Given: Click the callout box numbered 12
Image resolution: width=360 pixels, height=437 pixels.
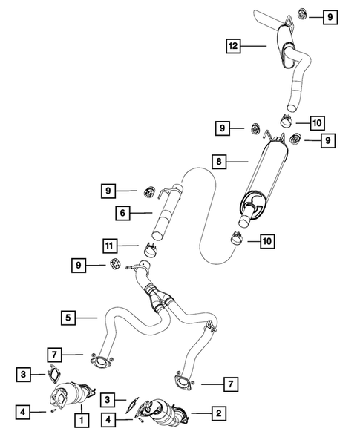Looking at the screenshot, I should click(x=234, y=47).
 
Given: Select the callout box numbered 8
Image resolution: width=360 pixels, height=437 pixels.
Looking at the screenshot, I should click(x=219, y=160).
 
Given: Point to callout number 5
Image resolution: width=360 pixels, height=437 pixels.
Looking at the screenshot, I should click(x=68, y=318).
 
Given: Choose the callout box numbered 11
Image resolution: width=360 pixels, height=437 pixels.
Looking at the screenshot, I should click(x=110, y=244).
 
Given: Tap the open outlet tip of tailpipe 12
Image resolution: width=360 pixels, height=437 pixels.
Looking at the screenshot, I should click(x=261, y=16).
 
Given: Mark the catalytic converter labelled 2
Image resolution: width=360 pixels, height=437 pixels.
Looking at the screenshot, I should click(x=165, y=410).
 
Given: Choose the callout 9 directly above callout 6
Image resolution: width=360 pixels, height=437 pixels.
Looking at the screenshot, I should click(x=111, y=191).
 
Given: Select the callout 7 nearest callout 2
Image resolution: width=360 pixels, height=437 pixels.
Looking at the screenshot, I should click(x=232, y=384).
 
